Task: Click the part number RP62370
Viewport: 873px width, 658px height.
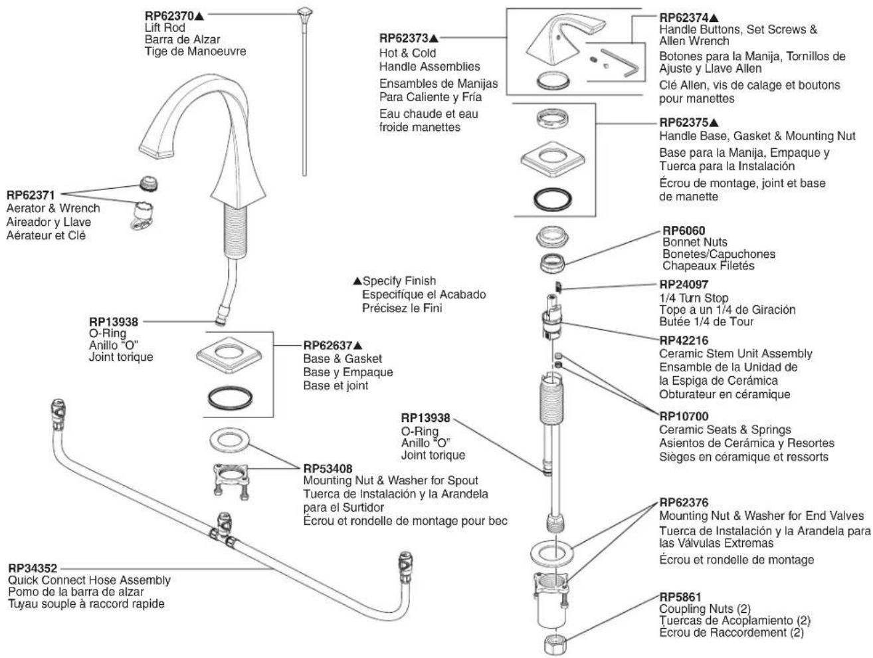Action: pos(169,16)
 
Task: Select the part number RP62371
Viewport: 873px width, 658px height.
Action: pos(31,195)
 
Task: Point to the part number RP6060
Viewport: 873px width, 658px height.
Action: pos(683,231)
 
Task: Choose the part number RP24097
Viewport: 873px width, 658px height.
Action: pos(684,284)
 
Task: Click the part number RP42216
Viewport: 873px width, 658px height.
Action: pos(684,340)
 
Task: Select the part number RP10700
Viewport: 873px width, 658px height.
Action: pos(684,416)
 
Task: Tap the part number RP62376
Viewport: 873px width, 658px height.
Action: pos(684,502)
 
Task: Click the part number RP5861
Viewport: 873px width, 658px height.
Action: pos(680,597)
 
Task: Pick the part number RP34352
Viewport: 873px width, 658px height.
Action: pos(33,568)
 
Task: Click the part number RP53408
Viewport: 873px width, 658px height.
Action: pos(328,468)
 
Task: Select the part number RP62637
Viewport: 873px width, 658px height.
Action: pos(328,345)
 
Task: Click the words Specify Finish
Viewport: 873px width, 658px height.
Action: pos(399,281)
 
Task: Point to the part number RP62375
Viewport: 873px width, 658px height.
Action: pos(684,122)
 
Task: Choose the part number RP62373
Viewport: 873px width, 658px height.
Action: pos(404,38)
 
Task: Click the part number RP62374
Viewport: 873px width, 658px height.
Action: pos(684,17)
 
